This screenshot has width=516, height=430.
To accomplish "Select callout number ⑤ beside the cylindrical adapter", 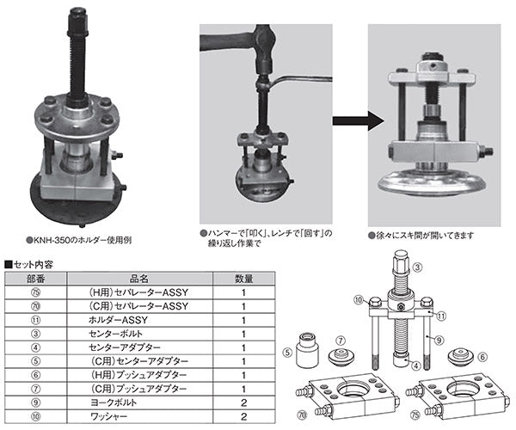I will click(x=289, y=351).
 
